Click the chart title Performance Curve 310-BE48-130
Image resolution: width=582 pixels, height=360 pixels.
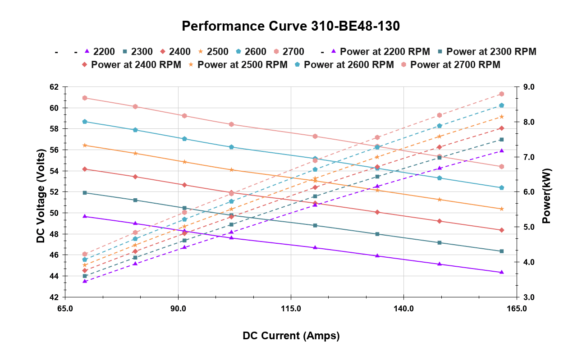coord(291,26)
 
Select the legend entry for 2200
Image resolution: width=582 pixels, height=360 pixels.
coord(99,51)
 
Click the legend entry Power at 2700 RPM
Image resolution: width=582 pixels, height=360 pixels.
coord(451,65)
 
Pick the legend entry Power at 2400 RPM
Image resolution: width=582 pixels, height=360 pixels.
coord(132,65)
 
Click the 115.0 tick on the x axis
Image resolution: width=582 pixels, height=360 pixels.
coord(291,309)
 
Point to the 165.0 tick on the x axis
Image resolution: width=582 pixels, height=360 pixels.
coord(516,309)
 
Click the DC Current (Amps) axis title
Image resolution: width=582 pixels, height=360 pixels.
coord(291,336)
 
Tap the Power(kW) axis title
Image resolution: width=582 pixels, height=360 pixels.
coord(547,196)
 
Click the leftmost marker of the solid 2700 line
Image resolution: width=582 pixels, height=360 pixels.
coord(85,98)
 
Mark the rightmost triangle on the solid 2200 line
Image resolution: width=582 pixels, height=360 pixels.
coord(501,272)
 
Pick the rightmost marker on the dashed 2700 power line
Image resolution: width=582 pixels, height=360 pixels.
coord(501,94)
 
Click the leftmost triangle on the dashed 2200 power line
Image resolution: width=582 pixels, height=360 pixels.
coord(85,281)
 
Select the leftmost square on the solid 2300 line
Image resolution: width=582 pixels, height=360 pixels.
coord(85,193)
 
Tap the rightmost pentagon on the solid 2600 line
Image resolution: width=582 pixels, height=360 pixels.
coord(501,187)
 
